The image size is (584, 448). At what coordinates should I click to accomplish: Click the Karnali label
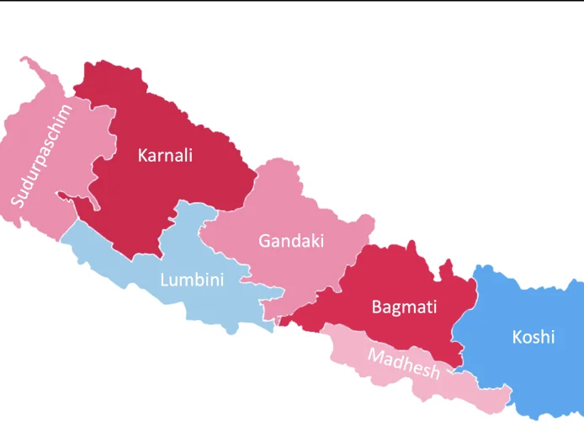(165, 155)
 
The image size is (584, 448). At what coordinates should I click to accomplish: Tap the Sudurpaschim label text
(41, 155)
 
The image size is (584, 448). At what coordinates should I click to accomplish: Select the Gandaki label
(291, 241)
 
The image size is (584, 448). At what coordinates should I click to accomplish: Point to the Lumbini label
(192, 280)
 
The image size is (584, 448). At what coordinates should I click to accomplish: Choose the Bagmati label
(404, 307)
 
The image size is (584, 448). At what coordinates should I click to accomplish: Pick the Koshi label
(534, 337)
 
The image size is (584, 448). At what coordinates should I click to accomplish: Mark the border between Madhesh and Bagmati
(379, 331)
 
